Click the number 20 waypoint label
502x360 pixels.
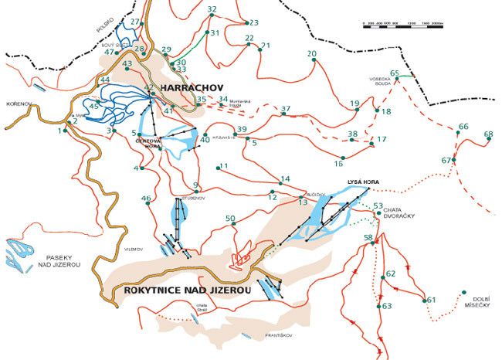pyautogui.click(x=312, y=54)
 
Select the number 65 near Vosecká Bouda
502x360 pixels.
pyautogui.click(x=395, y=73)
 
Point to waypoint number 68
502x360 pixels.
pyautogui.click(x=488, y=134)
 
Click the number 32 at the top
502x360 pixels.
pyautogui.click(x=212, y=9)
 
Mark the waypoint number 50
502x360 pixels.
pyautogui.click(x=230, y=219)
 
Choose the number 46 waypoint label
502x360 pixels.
pyautogui.click(x=146, y=199)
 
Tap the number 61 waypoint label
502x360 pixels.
pyautogui.click(x=431, y=300)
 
